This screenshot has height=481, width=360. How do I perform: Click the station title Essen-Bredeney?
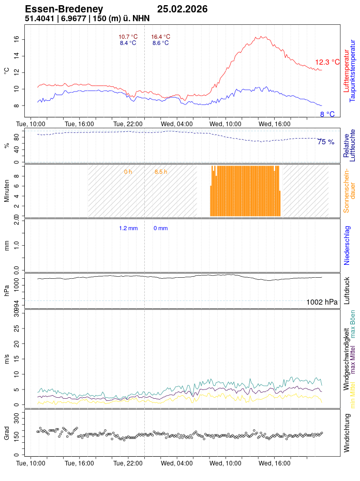(x=64, y=9)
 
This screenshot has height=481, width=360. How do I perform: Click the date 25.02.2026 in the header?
(x=182, y=9)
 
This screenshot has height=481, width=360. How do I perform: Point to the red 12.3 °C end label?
(x=327, y=63)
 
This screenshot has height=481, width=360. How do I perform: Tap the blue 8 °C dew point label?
(x=327, y=114)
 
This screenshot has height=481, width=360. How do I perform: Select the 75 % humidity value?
(x=326, y=142)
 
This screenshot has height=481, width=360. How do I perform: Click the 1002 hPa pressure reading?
(x=322, y=302)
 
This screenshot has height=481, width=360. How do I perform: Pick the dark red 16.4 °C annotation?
(x=160, y=37)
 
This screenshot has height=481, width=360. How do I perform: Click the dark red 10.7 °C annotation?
(x=128, y=37)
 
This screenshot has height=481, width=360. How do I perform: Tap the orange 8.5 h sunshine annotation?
(x=161, y=172)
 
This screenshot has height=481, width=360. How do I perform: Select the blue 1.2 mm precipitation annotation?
(x=128, y=228)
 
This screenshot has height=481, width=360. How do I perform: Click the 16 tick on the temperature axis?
(x=17, y=38)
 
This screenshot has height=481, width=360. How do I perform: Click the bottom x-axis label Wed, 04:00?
(x=177, y=463)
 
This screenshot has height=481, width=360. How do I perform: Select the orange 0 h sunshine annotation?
(x=128, y=172)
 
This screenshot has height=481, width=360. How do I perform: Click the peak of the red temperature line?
(x=263, y=36)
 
